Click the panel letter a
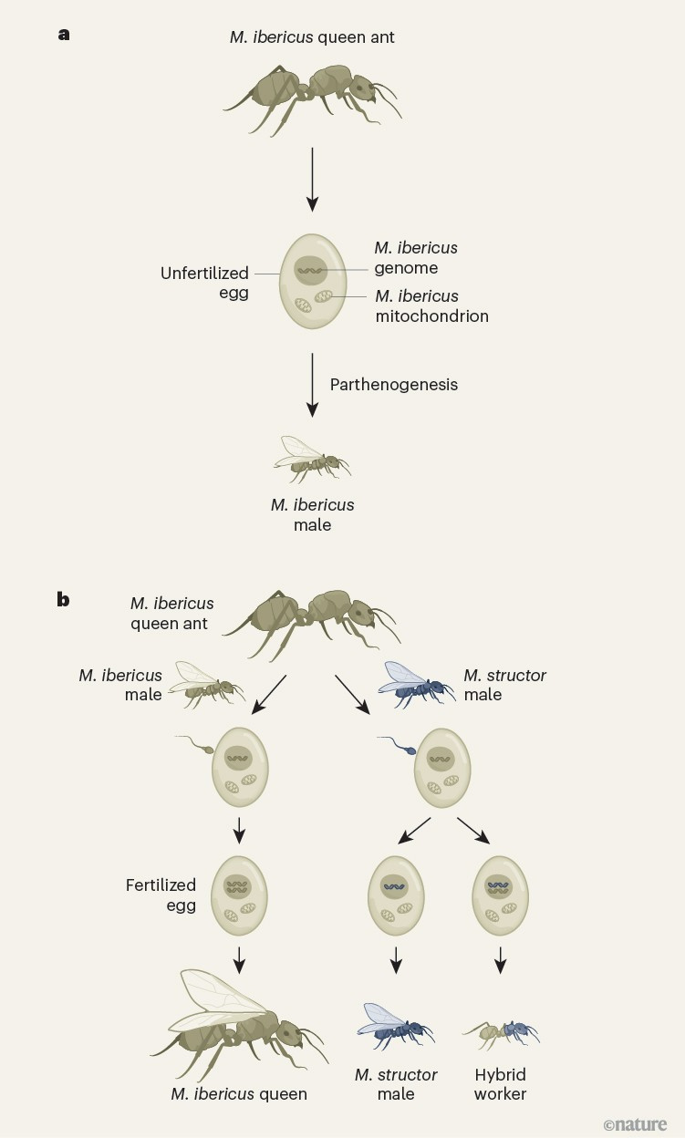63,35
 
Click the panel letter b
63,600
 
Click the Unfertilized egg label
204,283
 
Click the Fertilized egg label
161,894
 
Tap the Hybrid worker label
500,1084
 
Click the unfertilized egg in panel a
313,283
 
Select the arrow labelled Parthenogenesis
313,384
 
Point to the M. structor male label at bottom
396,1084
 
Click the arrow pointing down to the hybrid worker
500,959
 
